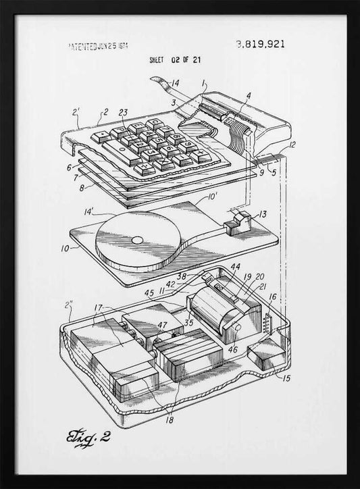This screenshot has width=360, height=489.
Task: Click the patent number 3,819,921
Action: [260, 45]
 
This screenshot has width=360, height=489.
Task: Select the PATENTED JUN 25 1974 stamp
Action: [99, 47]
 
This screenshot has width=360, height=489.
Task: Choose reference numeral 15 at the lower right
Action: [286, 378]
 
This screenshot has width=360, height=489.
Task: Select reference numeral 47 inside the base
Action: [162, 326]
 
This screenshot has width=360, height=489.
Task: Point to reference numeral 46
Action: [233, 351]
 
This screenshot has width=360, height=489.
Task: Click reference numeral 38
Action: [181, 276]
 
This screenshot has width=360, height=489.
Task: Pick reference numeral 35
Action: [189, 323]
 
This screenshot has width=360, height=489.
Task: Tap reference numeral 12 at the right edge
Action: [291, 145]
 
